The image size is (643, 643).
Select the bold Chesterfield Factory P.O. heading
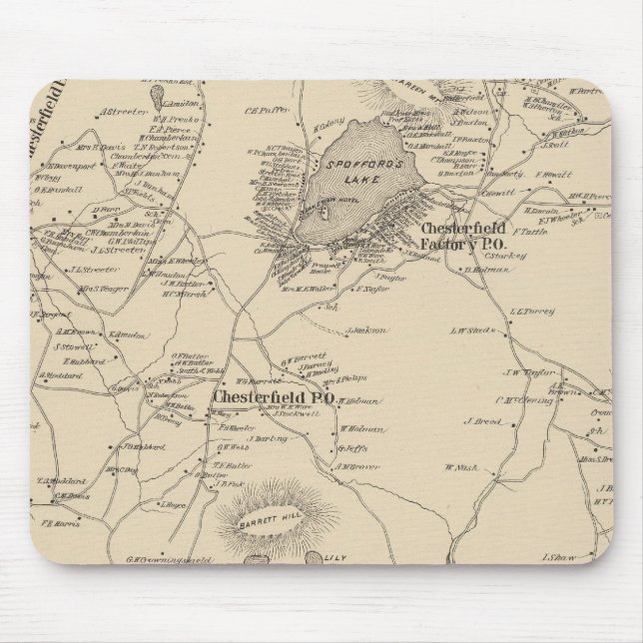464,236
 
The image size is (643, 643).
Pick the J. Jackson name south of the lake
364,329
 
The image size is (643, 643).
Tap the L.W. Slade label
473,329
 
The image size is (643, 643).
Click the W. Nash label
462,467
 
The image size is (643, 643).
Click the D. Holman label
482,269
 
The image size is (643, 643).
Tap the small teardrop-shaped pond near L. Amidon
157,96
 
